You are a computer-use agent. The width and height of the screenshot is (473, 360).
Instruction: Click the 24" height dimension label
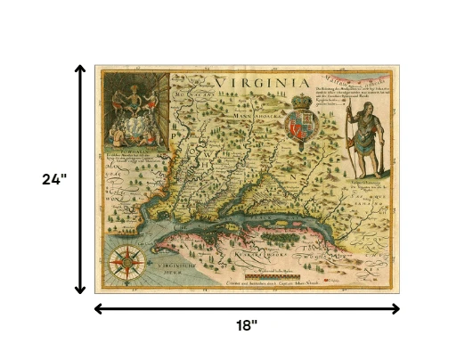click(x=55, y=179)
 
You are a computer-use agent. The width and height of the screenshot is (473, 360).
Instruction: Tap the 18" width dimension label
click(x=247, y=327)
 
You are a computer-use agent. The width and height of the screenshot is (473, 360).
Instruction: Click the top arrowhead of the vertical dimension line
click(x=79, y=69)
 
